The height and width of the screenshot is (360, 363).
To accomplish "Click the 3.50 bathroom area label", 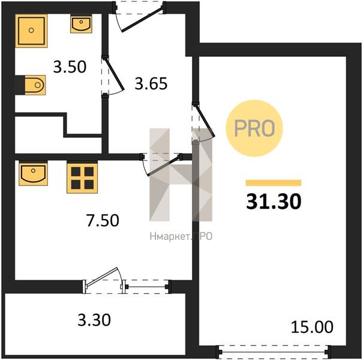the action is pyautogui.click(x=70, y=67).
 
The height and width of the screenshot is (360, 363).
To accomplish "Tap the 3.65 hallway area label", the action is pyautogui.click(x=151, y=83).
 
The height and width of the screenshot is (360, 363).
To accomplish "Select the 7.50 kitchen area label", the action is pyautogui.click(x=103, y=220).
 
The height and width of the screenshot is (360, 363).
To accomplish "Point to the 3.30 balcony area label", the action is pyautogui.click(x=94, y=320).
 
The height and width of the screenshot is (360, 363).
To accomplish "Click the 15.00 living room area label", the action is pyautogui.click(x=312, y=327).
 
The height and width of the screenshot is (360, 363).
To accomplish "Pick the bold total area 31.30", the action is pyautogui.click(x=274, y=202).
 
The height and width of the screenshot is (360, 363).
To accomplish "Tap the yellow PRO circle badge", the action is pyautogui.click(x=254, y=128).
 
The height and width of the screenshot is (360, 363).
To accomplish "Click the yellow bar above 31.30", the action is pyautogui.click(x=274, y=182).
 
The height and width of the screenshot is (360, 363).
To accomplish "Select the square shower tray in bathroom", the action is pyautogui.click(x=31, y=31).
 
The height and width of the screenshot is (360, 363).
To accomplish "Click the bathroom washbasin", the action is pyautogui.click(x=81, y=24).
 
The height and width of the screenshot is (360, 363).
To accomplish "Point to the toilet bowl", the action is pyautogui.click(x=34, y=85).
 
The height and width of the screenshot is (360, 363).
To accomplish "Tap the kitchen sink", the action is pyautogui.click(x=33, y=174).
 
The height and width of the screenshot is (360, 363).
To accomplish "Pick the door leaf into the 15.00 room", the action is pyautogui.click(x=205, y=121).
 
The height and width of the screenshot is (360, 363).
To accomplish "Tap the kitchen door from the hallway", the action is pyautogui.click(x=164, y=166).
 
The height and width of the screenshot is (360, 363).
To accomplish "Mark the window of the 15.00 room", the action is pyautogui.click(x=274, y=352).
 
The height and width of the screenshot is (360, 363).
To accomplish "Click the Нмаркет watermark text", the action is pyautogui.click(x=181, y=236).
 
